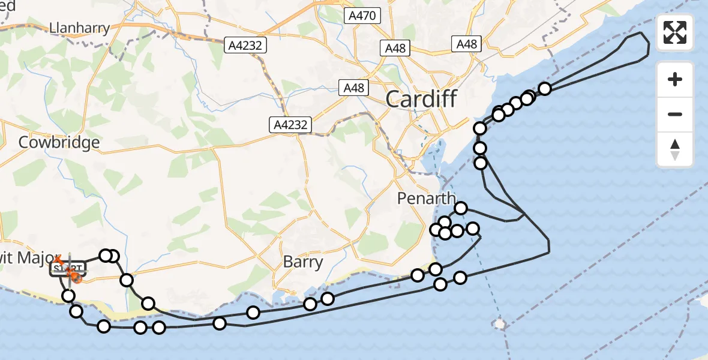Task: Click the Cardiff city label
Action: click(x=421, y=98)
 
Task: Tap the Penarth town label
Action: click(x=426, y=199)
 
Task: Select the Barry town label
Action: click(x=303, y=262)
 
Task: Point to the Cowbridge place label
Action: click(x=59, y=143)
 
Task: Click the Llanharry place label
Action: click(x=80, y=28)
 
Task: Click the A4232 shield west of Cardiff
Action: click(x=290, y=125)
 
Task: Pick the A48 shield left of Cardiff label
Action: click(x=353, y=88)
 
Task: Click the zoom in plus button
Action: click(x=675, y=79)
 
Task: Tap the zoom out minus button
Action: click(x=675, y=114)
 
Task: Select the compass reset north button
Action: click(x=675, y=149)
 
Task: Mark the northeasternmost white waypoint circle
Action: click(x=545, y=89)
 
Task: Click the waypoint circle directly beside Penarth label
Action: click(x=461, y=208)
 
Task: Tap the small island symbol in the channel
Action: click(x=499, y=325)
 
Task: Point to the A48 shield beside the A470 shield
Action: click(x=396, y=49)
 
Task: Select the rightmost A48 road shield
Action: click(x=466, y=44)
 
